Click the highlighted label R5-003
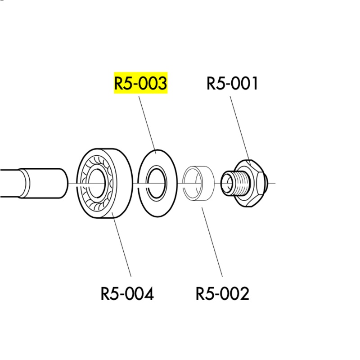pyautogui.click(x=141, y=83)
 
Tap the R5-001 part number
pyautogui.click(x=233, y=83)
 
